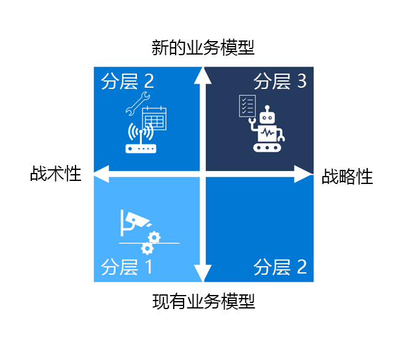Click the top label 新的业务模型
point(203,48)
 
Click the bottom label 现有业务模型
point(203,302)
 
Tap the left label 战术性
point(56,174)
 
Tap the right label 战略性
point(347,177)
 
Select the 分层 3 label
point(280,82)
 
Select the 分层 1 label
point(126,267)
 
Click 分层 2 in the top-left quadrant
point(128,82)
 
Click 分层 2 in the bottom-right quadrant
point(280,267)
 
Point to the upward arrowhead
point(203,76)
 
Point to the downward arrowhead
point(203,274)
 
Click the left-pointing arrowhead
point(101,174)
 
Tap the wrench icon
point(138,104)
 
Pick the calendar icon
point(154,118)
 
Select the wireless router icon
point(141,138)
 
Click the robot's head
point(267,115)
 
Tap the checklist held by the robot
point(247,106)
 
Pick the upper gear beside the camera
point(154,238)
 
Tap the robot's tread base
point(267,147)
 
